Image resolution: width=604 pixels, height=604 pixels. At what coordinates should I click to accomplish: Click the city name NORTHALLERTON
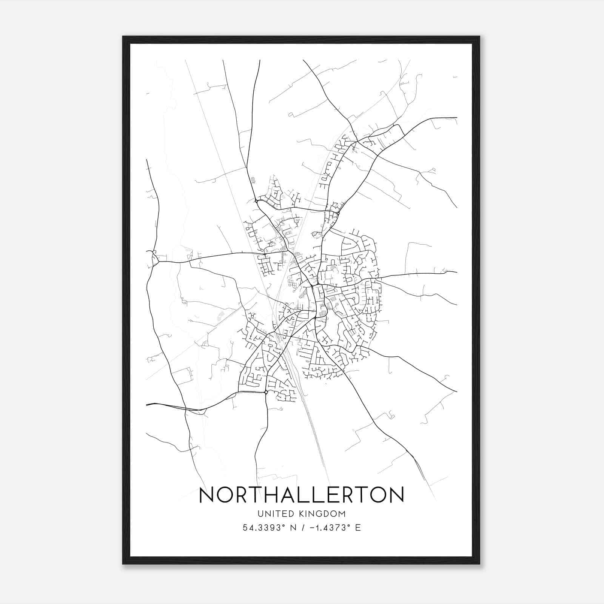click(x=301, y=495)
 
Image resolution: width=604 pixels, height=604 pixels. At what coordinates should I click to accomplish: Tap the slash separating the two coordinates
click(x=301, y=528)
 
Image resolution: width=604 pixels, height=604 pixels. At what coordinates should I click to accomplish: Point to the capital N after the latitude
click(x=292, y=528)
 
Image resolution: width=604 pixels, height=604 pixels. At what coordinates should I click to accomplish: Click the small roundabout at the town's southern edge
click(x=266, y=393)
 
